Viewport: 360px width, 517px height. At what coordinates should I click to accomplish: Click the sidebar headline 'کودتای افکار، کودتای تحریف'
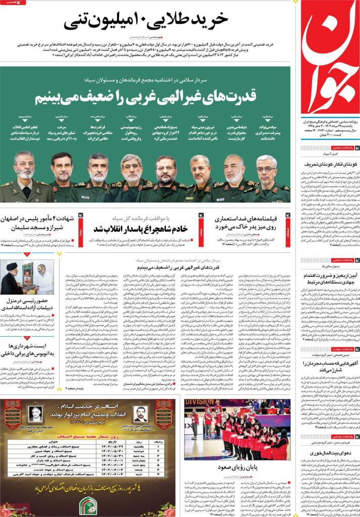click(327, 165)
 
